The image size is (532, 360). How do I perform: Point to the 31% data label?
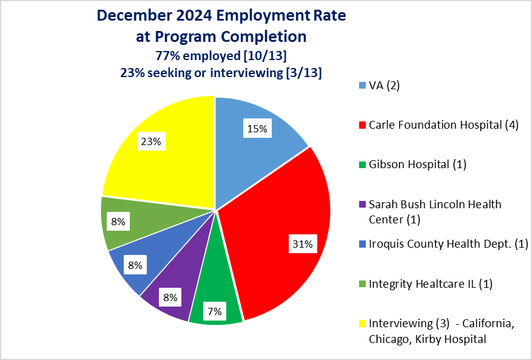click(x=301, y=245)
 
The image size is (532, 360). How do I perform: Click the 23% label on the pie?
click(x=151, y=141)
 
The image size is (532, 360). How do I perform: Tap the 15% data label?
click(x=257, y=129)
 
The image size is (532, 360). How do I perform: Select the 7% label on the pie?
click(x=215, y=311)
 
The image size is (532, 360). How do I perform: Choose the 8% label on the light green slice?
click(x=118, y=222)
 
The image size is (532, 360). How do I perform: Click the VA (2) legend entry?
click(x=385, y=85)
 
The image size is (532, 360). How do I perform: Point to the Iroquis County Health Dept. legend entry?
click(x=448, y=243)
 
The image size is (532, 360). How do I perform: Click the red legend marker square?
click(x=363, y=125)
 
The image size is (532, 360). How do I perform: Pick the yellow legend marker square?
click(x=363, y=324)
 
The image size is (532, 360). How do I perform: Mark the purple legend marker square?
click(x=363, y=205)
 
